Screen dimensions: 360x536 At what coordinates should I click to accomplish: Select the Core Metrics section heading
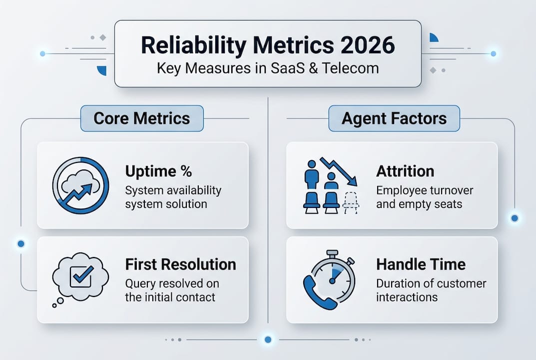[x=142, y=118]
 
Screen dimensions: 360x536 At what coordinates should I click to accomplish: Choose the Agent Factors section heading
[x=394, y=118]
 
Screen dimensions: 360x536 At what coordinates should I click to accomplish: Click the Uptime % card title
[x=158, y=171]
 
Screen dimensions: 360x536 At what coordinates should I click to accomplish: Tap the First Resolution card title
[x=180, y=264]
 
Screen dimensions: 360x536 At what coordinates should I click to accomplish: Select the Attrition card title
[x=405, y=171]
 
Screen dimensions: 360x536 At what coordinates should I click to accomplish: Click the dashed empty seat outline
[x=351, y=203]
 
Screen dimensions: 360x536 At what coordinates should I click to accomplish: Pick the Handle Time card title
[x=421, y=264]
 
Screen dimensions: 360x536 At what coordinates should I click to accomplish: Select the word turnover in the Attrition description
[x=451, y=191]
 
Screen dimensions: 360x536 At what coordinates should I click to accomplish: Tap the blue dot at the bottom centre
[x=268, y=339]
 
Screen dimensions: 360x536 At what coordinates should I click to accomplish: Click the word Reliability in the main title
[x=193, y=45]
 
